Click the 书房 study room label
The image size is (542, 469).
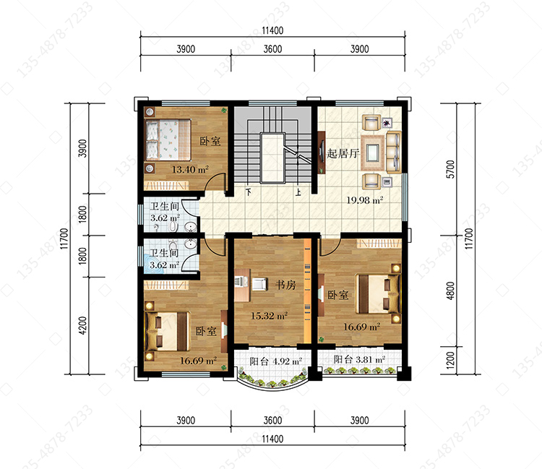coord(285,285)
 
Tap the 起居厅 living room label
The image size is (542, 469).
coord(343,153)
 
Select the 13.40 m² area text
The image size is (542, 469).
coord(190,169)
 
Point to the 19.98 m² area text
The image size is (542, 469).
coord(365,199)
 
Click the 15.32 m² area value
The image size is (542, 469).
coord(269,316)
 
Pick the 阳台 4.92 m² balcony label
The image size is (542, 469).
coord(275,361)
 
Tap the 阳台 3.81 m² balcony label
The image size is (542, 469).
coord(359,359)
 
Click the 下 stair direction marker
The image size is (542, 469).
coord(248,192)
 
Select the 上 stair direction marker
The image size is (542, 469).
coord(298,192)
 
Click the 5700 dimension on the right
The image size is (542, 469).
coord(450,169)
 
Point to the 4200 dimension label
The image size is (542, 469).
coord(82,325)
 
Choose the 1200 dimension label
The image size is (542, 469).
coord(450,360)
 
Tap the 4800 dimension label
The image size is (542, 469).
coord(450,291)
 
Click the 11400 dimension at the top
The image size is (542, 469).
coord(272,30)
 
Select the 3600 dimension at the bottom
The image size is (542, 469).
coord(272,421)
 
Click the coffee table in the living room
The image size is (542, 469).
coord(373,152)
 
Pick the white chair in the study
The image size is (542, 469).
coord(259,284)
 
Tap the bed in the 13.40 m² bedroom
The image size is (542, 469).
coord(168,139)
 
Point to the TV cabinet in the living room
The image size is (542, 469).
coord(322,152)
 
